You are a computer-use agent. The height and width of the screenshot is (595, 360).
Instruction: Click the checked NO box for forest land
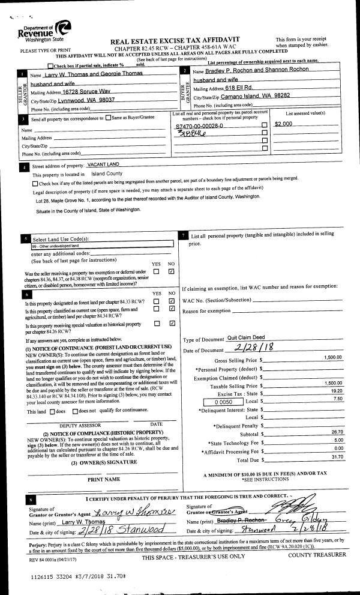172,300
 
